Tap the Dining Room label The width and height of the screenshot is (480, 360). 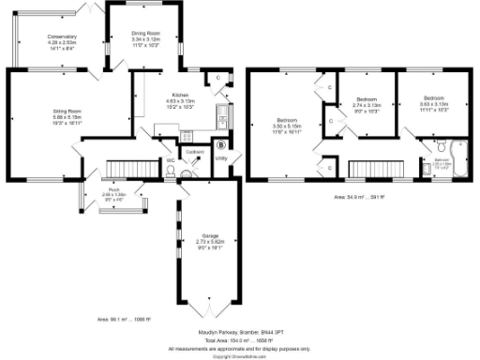click(x=145, y=36)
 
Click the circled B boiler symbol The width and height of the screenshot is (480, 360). click(x=220, y=144)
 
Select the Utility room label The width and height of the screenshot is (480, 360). click(x=221, y=157)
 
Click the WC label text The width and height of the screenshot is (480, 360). click(x=171, y=160)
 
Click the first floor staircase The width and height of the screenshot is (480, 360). click(x=375, y=168)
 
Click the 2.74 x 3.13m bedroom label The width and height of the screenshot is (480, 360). click(x=367, y=105)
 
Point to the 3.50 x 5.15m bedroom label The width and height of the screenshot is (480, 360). click(x=286, y=124)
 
